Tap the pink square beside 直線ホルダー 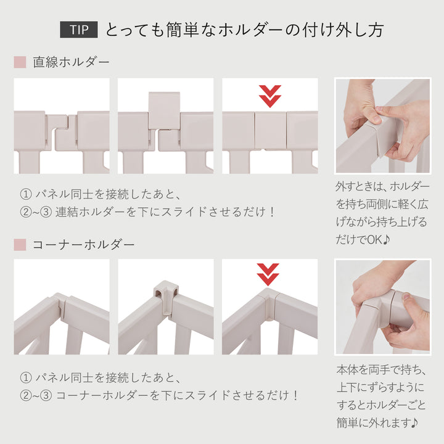coord(20,62)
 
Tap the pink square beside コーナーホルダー coord(20,245)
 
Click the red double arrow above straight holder coord(269,96)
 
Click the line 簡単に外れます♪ coord(377,423)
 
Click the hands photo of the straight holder coord(382,126)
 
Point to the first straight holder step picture coord(62,126)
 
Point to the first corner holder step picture coord(62,306)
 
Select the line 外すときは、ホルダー coord(382,186)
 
